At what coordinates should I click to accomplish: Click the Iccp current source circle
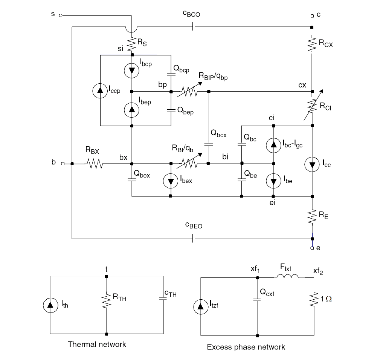point(101,90)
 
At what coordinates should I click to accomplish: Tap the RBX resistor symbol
point(93,164)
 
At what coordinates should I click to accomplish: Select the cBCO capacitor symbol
point(193,27)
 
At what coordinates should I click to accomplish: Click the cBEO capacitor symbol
point(193,239)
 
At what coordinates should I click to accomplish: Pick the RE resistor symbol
point(312,217)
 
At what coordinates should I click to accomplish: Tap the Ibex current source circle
point(171,181)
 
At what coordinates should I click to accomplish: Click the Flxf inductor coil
point(288,277)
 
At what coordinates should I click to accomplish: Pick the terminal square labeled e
point(312,248)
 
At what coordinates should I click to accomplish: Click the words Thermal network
point(97,344)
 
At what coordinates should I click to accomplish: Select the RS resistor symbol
point(132,44)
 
